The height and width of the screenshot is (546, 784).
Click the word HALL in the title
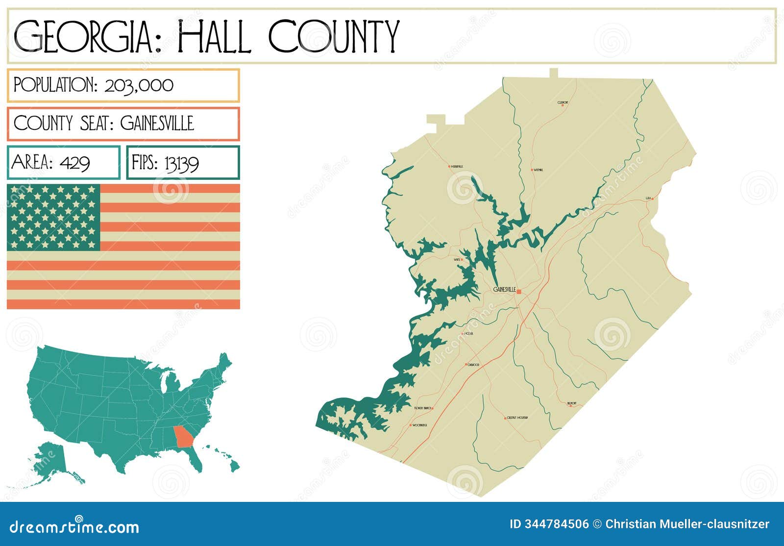pos(215,37)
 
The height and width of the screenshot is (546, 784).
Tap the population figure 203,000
pos(139,85)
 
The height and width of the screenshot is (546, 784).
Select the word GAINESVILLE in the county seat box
pos(157,123)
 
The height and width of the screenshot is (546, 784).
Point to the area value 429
pos(74,162)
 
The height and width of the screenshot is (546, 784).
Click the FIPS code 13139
pos(182,163)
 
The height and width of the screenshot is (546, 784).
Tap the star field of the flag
pos(53,217)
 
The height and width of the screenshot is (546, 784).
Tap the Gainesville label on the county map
pos(504,289)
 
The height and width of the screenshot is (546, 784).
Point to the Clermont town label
pos(563,102)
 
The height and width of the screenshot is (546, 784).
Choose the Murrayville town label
pos(457,167)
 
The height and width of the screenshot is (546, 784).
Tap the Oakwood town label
pos(473,365)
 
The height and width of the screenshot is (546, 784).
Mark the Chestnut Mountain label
pos(517,418)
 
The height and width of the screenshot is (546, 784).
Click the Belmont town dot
pos(570,406)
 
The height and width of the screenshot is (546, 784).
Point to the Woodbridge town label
pos(420,425)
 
